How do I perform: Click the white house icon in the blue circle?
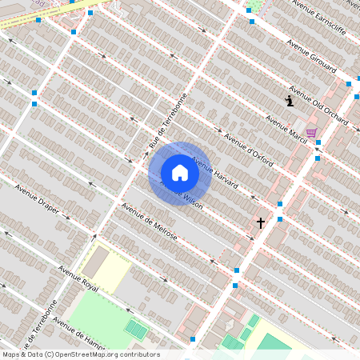180,173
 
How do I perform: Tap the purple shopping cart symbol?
311,133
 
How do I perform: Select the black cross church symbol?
260,222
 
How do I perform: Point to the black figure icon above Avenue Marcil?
289,101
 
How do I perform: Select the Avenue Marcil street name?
286,126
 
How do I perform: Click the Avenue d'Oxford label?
248,150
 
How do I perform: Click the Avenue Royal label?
78,278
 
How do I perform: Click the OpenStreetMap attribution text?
80,354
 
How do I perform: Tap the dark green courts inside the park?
136,329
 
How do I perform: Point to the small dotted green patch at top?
258,6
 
